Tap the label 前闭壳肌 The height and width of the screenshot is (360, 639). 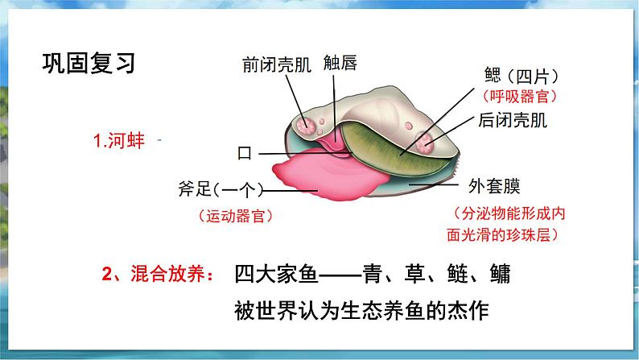pos(275,63)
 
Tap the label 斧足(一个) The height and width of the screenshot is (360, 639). pos(218,190)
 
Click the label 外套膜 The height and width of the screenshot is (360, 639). pos(494,187)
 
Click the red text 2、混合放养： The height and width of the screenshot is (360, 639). pos(159,275)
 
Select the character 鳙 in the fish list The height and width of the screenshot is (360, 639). pos(501,275)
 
